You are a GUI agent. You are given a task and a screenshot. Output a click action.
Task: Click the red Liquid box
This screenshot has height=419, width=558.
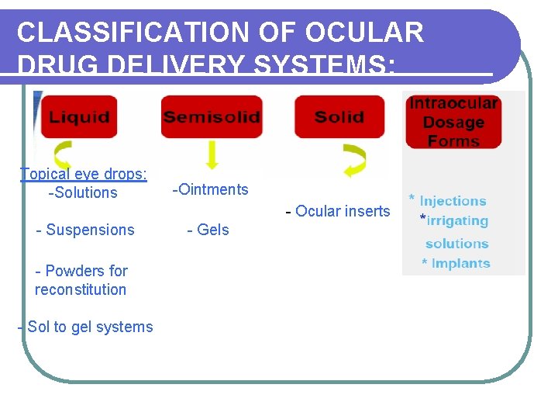click(x=79, y=117)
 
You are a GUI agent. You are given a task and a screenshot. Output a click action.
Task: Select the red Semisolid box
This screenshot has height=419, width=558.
click(x=211, y=117)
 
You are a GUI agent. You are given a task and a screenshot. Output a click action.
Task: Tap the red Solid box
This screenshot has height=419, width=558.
click(x=339, y=117)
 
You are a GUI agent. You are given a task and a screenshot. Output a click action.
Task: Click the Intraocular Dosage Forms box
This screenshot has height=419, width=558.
click(x=453, y=122)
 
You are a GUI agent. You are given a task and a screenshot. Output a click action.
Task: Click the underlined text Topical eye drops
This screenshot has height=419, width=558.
click(x=83, y=174)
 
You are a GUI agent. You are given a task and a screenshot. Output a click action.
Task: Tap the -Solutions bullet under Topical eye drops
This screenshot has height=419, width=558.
click(x=83, y=192)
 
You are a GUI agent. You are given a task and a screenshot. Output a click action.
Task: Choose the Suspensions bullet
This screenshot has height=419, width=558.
click(x=85, y=230)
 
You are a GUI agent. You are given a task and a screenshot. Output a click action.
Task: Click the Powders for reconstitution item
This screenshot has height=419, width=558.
click(x=81, y=280)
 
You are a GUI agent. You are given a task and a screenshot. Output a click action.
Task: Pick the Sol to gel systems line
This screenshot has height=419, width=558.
click(x=85, y=327)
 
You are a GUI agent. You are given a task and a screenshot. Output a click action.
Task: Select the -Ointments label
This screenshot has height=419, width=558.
click(x=210, y=189)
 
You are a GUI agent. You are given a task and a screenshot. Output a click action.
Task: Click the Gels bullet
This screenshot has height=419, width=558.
click(x=208, y=230)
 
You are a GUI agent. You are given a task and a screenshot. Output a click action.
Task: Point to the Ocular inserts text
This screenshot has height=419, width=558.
click(x=338, y=211)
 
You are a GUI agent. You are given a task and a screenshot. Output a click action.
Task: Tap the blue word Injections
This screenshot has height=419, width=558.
click(x=453, y=201)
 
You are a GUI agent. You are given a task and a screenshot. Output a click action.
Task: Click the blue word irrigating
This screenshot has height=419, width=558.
click(x=457, y=221)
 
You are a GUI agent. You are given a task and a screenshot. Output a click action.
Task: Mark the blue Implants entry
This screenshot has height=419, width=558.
click(x=460, y=263)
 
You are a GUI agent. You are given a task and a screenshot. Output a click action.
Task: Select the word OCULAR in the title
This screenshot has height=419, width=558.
click(x=364, y=33)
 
